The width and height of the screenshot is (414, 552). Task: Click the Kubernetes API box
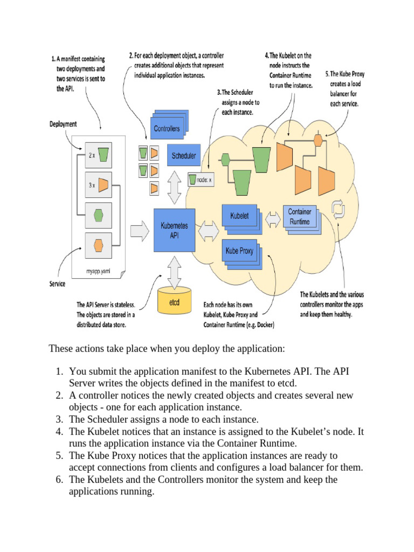click(174, 230)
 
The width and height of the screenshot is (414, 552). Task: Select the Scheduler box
click(183, 156)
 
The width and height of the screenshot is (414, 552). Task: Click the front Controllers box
click(167, 129)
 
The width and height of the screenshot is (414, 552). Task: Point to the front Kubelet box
click(239, 216)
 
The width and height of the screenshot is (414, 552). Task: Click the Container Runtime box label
click(300, 217)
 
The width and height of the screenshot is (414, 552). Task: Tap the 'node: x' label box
click(202, 179)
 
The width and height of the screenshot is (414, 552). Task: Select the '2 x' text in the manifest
click(91, 155)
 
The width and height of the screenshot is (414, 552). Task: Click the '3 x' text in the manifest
click(91, 185)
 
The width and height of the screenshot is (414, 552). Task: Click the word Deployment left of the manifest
click(63, 124)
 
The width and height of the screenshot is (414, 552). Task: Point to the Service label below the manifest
click(58, 284)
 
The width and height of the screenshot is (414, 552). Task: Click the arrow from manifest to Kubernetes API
click(139, 231)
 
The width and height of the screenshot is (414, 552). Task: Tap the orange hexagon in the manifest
click(98, 246)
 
